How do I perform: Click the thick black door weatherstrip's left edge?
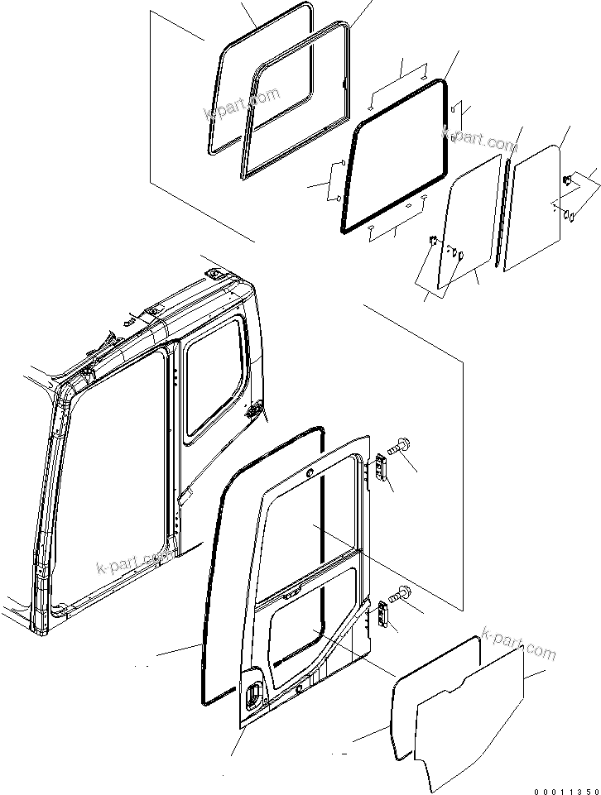[211, 579]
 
